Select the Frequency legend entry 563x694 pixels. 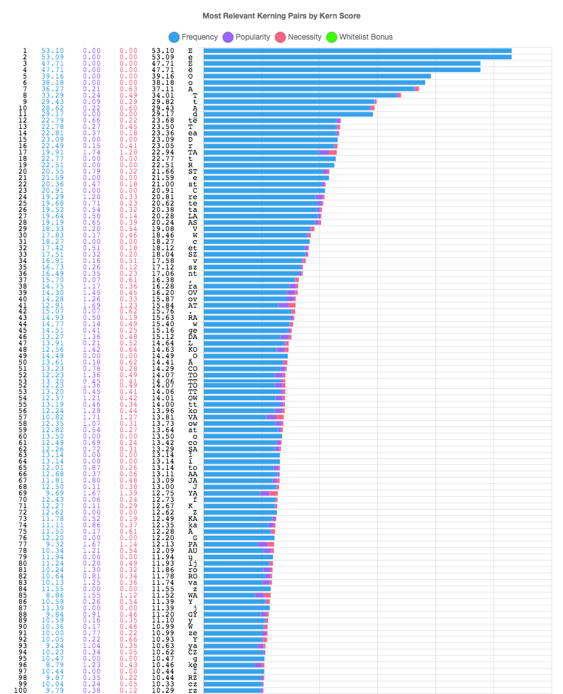pyautogui.click(x=193, y=37)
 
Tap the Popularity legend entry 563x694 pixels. pyautogui.click(x=246, y=37)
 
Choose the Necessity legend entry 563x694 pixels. pyautogui.click(x=298, y=37)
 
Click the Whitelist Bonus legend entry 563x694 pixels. pyautogui.click(x=359, y=37)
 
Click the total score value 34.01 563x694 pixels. pyautogui.click(x=163, y=96)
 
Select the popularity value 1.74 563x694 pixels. pyautogui.click(x=93, y=153)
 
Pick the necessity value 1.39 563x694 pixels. pyautogui.click(x=128, y=493)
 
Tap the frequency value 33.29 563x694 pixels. pyautogui.click(x=52, y=96)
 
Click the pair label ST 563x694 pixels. pyautogui.click(x=193, y=171)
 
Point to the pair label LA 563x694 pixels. pyautogui.click(x=193, y=216)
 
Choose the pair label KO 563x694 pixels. pyautogui.click(x=193, y=349)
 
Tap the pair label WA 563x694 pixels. pyautogui.click(x=193, y=595)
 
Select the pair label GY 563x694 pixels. pyautogui.click(x=193, y=614)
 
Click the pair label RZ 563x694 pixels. pyautogui.click(x=193, y=677)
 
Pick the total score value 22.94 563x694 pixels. pyautogui.click(x=163, y=153)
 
